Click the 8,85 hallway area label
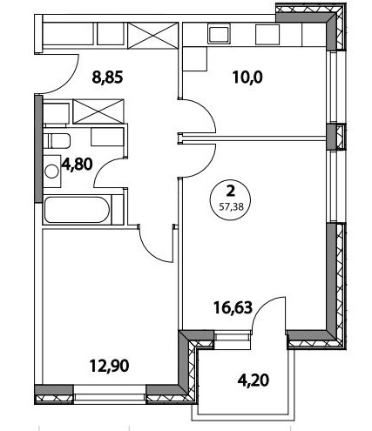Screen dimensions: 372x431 click(107, 77)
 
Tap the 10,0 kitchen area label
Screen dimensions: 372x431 click(247, 77)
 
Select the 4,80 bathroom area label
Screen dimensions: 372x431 click(77, 164)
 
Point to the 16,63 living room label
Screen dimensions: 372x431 click(233, 307)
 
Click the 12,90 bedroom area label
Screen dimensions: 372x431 click(109, 366)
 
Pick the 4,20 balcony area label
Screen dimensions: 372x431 click(254, 380)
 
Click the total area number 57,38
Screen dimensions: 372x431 click(231, 207)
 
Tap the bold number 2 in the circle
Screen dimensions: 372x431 click(231, 192)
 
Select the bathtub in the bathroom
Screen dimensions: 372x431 click(77, 210)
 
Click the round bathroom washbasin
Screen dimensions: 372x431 click(52, 172)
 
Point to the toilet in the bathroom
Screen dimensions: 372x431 click(57, 140)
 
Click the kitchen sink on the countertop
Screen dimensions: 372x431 click(220, 34)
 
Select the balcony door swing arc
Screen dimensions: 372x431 click(263, 304)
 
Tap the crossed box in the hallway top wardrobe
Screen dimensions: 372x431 click(152, 34)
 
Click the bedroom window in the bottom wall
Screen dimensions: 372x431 click(109, 394)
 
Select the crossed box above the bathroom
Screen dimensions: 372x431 click(98, 111)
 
